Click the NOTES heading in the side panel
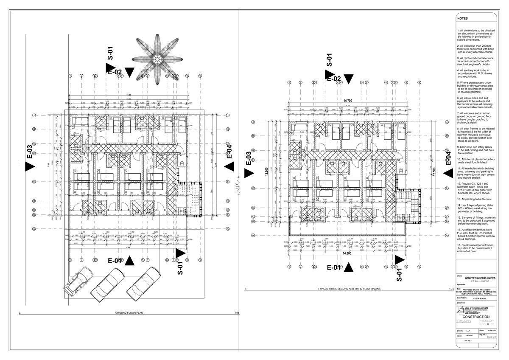click(x=462, y=19)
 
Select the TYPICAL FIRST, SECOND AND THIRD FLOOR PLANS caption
click(x=350, y=289)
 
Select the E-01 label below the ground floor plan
click(x=115, y=261)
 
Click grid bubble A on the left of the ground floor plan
click(x=33, y=228)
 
